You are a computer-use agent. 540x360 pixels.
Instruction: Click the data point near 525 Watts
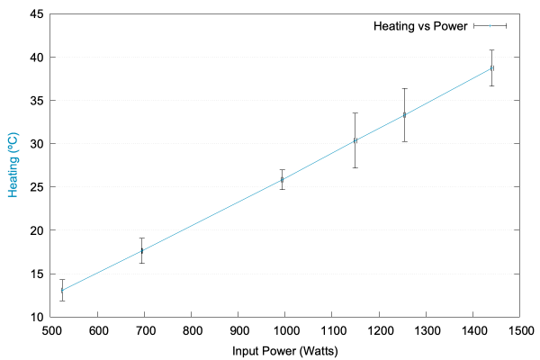coord(62,291)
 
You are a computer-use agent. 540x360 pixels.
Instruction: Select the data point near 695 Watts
coord(142,250)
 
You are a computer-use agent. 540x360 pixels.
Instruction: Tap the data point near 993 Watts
coord(282,180)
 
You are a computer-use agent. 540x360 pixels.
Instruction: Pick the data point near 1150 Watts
coord(355,140)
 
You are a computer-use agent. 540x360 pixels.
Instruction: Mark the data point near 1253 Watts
coord(404,115)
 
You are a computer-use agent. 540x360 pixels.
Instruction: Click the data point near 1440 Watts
coord(491,67)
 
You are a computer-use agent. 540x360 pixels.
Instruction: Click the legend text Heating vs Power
coord(420,26)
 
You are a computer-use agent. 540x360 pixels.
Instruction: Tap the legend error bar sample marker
coord(490,26)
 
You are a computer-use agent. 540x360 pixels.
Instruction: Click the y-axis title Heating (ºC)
coord(13,166)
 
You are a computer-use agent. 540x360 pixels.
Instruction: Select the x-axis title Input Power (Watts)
coord(284,350)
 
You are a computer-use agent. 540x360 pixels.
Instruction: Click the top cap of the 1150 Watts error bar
coord(355,112)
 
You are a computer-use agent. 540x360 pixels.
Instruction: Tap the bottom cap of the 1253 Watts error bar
coord(404,141)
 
